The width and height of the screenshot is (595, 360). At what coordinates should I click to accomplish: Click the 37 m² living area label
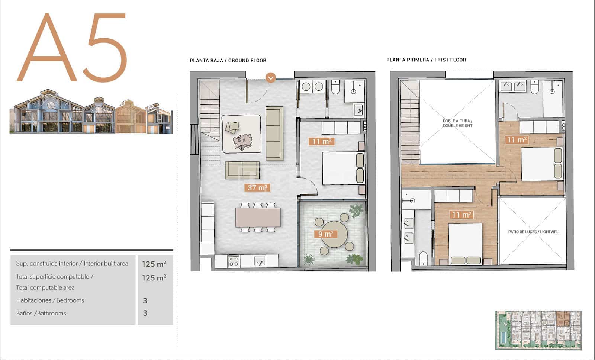257,188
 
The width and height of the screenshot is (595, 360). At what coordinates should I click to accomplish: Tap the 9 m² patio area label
325,234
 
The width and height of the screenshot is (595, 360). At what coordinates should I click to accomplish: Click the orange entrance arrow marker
271,78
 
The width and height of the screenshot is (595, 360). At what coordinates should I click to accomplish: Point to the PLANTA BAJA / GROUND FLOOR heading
228,60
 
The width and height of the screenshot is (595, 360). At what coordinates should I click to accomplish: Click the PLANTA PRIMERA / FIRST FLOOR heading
426,60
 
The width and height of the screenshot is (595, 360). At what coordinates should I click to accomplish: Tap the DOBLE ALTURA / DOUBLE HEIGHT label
457,123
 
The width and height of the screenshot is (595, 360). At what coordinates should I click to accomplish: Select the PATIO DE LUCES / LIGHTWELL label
534,232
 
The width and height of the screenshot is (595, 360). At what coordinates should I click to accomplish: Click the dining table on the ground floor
258,217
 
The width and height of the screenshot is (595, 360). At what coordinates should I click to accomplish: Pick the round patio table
334,234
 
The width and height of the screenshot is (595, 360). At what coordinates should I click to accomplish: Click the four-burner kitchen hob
233,261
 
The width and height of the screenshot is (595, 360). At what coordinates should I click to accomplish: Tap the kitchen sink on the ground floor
260,261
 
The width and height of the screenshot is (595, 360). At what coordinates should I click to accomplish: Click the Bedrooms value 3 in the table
145,300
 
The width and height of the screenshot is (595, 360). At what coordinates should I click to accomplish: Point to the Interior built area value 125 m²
154,264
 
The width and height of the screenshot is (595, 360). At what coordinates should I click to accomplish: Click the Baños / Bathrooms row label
41,313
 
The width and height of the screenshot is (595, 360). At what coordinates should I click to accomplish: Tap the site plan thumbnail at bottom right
538,330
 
